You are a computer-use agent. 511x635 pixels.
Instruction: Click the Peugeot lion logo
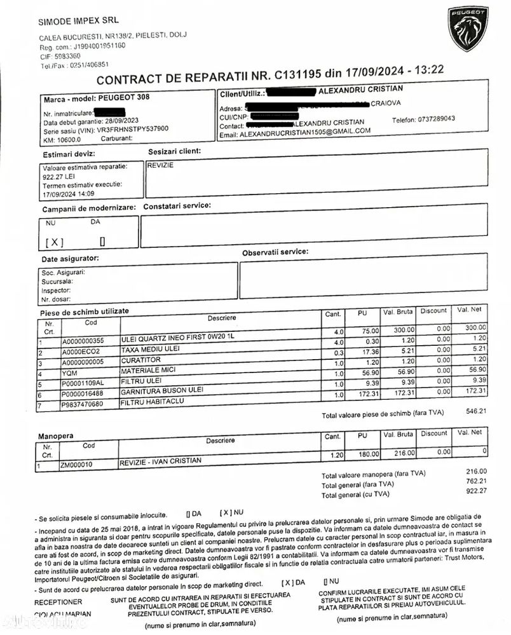coord(468,29)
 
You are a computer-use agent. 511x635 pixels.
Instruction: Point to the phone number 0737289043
coord(433,119)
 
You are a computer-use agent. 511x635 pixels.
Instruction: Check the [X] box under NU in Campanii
coord(55,242)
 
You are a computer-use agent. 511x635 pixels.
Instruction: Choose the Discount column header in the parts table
coord(433,311)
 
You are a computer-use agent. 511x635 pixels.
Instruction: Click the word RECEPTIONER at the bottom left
coord(58,601)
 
